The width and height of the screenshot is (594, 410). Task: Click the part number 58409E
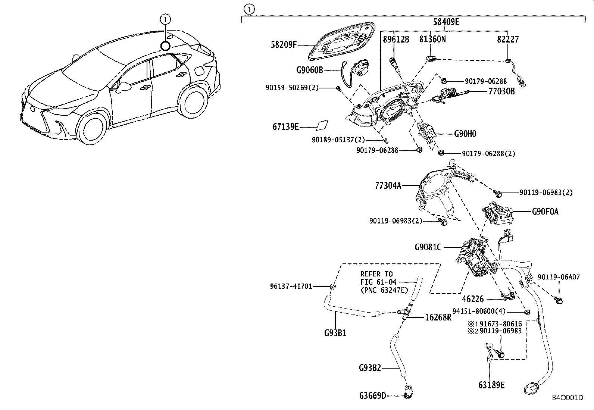point(446,22)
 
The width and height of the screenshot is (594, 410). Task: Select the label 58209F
point(284,45)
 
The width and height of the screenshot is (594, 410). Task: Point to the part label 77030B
point(501,91)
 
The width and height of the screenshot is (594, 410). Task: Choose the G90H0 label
point(465,134)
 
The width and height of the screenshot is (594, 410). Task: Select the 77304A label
point(388,185)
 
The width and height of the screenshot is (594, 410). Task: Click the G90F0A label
point(545,212)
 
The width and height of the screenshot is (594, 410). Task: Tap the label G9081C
point(428,247)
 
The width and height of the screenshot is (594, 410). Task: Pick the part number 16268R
point(438,317)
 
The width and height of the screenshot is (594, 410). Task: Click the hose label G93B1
point(335,333)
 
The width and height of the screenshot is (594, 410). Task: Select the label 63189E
point(491,385)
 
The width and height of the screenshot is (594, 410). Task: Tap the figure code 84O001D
point(568,398)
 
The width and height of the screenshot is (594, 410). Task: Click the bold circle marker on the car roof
point(165,46)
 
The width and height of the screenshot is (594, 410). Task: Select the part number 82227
point(508,39)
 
